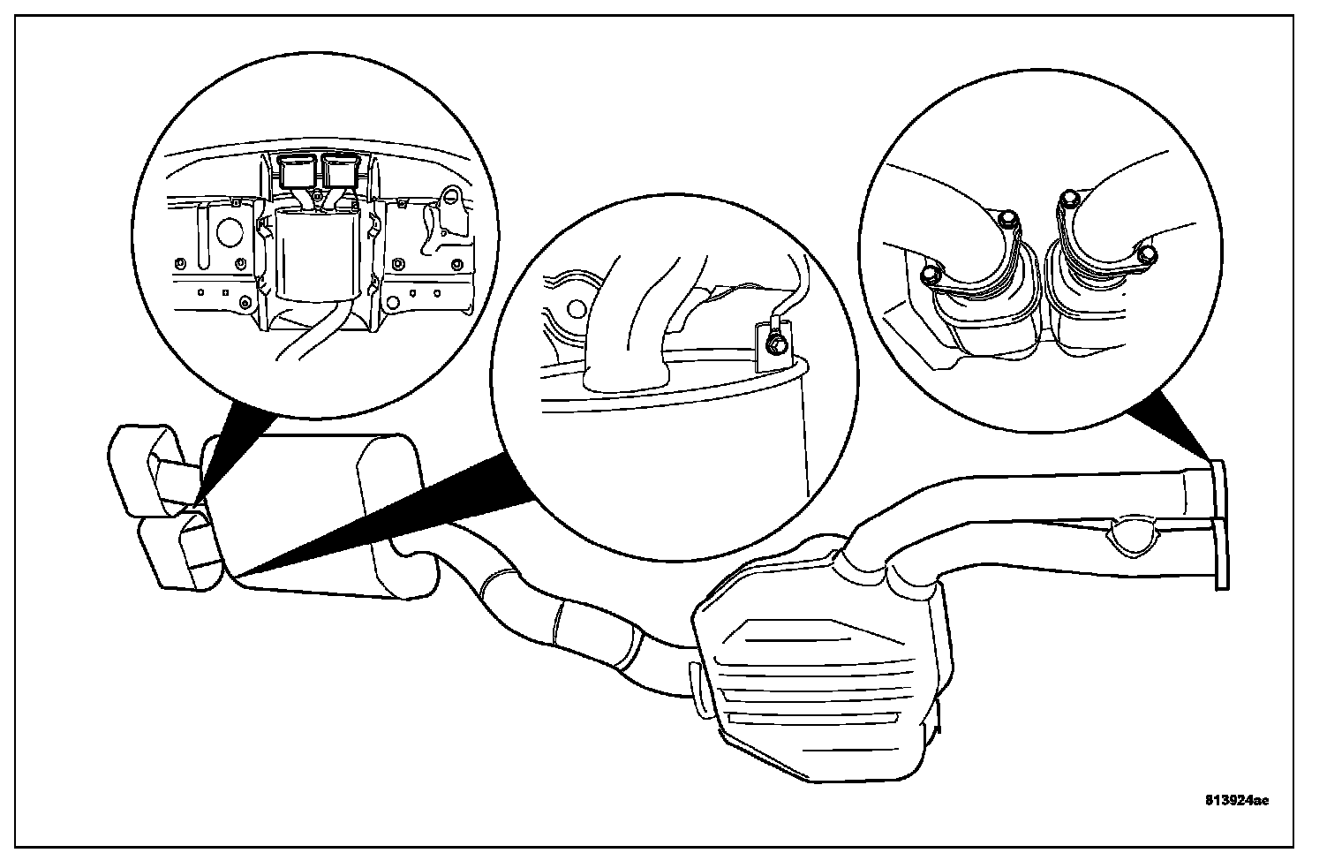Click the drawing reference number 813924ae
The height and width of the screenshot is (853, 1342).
coord(1236,801)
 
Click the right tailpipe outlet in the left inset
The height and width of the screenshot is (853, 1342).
coord(340,168)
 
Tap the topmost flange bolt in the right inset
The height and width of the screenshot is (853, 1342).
coord(1069,200)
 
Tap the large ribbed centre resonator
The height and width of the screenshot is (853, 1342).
coord(821,662)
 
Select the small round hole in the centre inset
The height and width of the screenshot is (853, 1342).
coord(576,309)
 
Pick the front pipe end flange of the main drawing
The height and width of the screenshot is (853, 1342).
coord(1219,525)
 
